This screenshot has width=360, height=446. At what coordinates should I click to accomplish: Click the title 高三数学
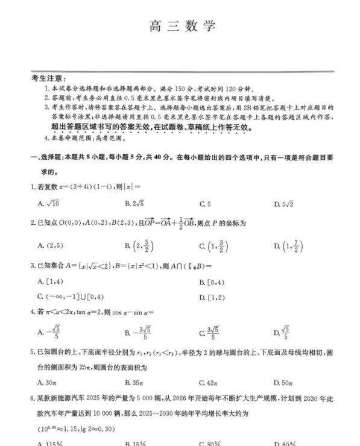(x=180, y=27)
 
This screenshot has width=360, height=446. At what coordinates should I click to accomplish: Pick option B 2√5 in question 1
(x=133, y=204)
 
